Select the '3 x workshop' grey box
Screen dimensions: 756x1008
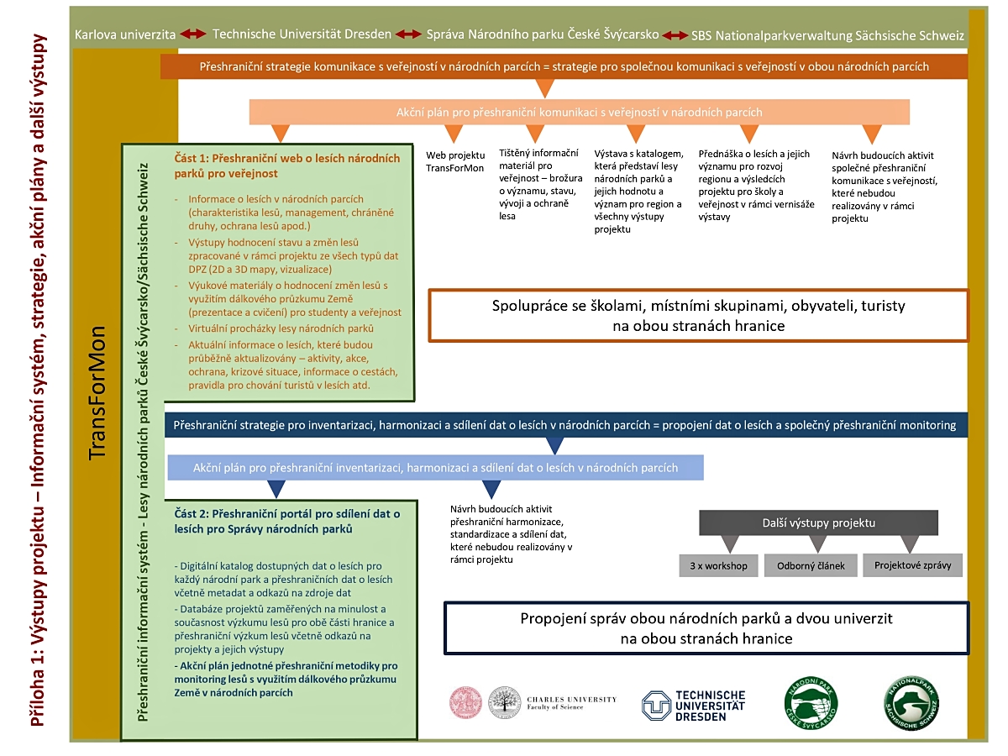[x=718, y=565]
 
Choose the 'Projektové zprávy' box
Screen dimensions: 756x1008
[x=912, y=565]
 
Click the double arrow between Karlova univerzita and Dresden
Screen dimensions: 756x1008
[x=194, y=34]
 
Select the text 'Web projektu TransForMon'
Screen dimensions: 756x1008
[x=455, y=161]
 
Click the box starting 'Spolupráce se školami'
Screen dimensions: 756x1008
[x=698, y=315]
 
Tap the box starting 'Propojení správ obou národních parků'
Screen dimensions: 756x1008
[x=706, y=628]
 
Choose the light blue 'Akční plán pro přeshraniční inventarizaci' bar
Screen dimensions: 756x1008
[x=435, y=467]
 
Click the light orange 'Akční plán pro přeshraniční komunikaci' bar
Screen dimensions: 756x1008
[x=580, y=112]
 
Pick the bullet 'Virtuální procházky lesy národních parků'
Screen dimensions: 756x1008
[x=281, y=328]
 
